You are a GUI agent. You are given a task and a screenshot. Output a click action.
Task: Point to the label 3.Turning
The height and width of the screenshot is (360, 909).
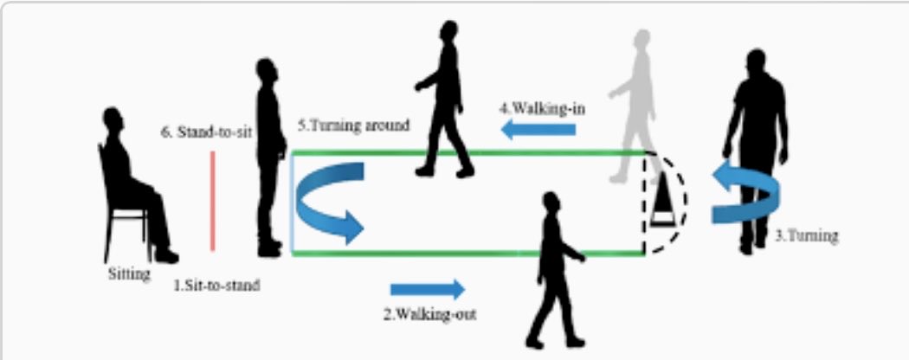pyautogui.click(x=805, y=235)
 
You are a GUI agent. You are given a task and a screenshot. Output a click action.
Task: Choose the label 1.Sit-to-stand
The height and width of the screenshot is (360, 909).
pyautogui.click(x=216, y=283)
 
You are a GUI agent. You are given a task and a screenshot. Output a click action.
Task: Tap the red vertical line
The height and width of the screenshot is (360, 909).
pyautogui.click(x=212, y=201)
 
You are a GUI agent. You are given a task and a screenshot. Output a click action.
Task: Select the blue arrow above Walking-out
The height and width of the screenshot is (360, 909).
pyautogui.click(x=428, y=289)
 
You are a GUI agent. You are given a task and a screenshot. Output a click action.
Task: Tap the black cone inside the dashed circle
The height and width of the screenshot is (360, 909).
pyautogui.click(x=662, y=199)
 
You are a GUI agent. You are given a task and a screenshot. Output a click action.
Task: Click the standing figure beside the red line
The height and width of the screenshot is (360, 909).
pyautogui.click(x=270, y=156)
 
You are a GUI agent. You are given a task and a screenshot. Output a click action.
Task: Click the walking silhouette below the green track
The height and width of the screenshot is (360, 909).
pyautogui.click(x=551, y=268)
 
